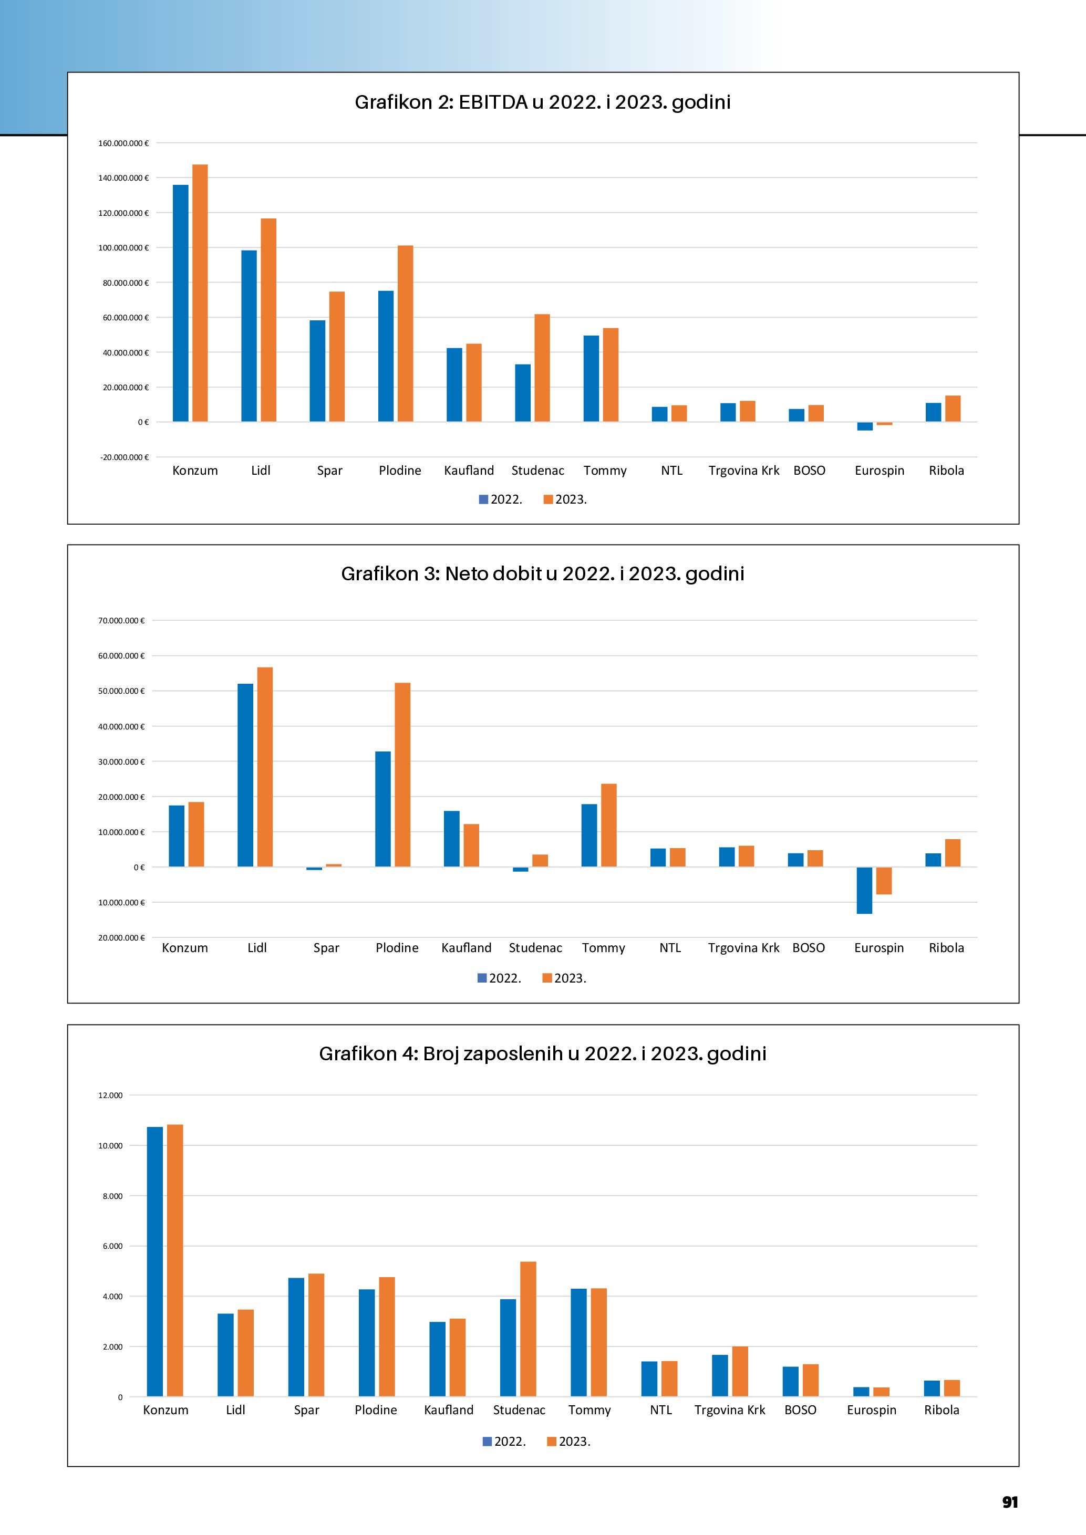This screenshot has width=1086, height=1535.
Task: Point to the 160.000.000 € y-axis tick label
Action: [123, 143]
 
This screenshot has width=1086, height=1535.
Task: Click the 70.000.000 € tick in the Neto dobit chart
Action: [121, 620]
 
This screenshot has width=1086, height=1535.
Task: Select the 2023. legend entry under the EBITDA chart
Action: [565, 499]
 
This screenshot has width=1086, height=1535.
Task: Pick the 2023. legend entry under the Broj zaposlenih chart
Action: [569, 1442]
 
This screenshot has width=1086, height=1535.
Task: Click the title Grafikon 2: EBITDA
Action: [542, 102]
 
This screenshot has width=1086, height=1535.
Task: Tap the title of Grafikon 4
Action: [542, 1053]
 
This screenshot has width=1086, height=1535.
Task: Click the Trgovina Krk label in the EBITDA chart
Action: [743, 471]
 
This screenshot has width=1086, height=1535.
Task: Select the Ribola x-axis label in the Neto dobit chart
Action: [946, 948]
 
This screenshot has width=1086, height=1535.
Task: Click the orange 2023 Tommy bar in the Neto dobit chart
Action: [608, 825]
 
